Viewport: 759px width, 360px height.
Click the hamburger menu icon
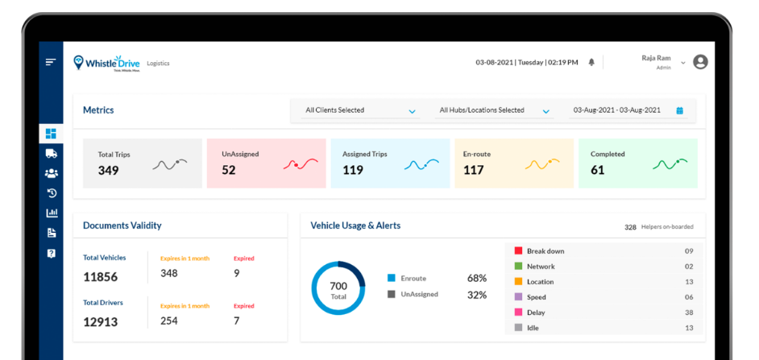pyautogui.click(x=51, y=62)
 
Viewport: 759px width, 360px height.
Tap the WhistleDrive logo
pyautogui.click(x=107, y=63)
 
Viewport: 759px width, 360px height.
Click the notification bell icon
pyautogui.click(x=591, y=62)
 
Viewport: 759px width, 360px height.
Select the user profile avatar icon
pyautogui.click(x=700, y=62)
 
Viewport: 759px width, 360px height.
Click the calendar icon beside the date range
pyautogui.click(x=679, y=110)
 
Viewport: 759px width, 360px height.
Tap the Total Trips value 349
pyautogui.click(x=109, y=170)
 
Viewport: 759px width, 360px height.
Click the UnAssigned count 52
pyautogui.click(x=229, y=170)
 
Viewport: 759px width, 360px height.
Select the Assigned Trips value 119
pyautogui.click(x=353, y=170)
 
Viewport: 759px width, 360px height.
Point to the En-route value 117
pyautogui.click(x=474, y=170)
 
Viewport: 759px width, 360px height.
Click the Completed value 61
pyautogui.click(x=598, y=170)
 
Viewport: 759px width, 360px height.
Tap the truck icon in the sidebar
pyautogui.click(x=52, y=153)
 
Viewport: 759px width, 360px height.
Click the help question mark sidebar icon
pyautogui.click(x=52, y=253)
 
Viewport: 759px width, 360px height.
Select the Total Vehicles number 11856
pyautogui.click(x=101, y=277)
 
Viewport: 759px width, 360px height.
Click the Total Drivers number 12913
pyautogui.click(x=101, y=321)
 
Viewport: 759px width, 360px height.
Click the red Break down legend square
pyautogui.click(x=518, y=251)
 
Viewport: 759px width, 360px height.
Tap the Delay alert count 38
pyautogui.click(x=689, y=312)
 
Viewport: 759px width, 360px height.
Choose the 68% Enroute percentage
pyautogui.click(x=477, y=279)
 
